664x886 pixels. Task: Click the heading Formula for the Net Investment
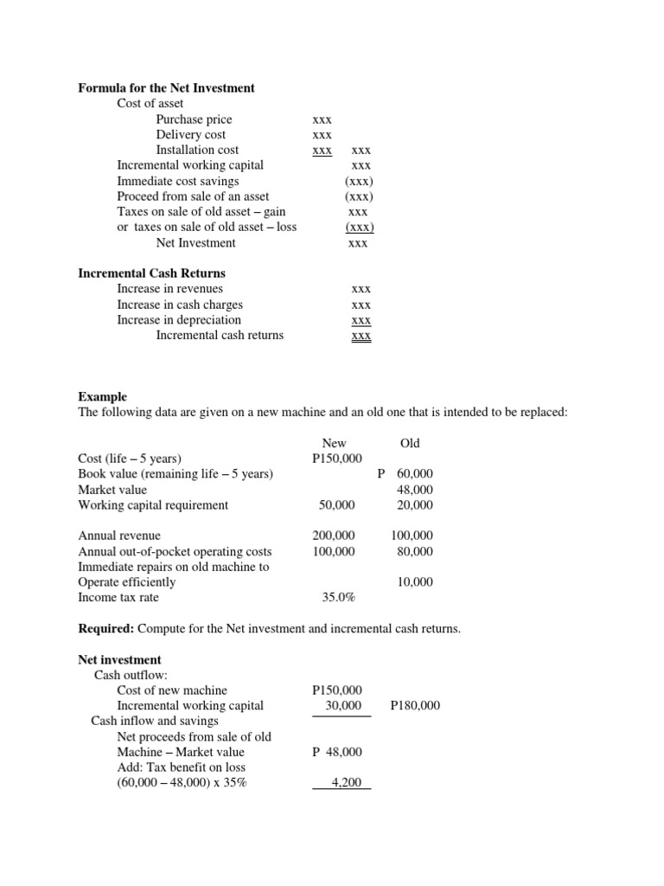coord(166,88)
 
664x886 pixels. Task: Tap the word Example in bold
coord(102,396)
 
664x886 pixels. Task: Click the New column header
coord(334,443)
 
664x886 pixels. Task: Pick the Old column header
coord(410,443)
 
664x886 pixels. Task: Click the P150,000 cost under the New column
coord(337,459)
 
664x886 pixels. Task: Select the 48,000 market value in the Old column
coord(415,490)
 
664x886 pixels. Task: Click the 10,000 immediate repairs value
coord(415,582)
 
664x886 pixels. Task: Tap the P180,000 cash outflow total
coord(415,706)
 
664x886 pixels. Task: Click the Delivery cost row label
coord(190,135)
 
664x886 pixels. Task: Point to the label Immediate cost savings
coord(178,181)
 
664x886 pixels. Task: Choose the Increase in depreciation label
coord(179,320)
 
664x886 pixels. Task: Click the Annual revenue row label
coord(119,536)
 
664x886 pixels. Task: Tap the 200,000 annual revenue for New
coord(334,536)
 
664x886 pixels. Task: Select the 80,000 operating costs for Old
coord(415,552)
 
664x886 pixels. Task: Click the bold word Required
coord(105,629)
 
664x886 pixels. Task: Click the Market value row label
coord(112,490)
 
